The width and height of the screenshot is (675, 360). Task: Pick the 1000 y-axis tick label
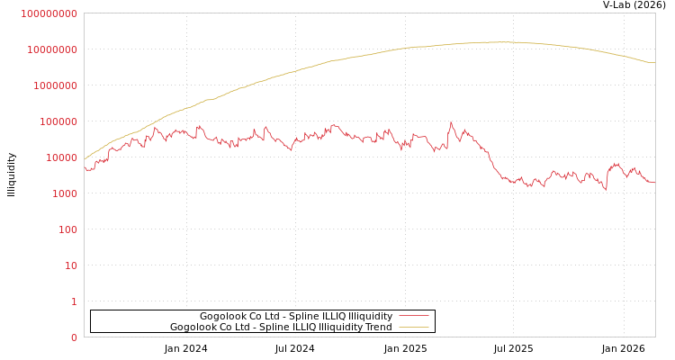point(62,193)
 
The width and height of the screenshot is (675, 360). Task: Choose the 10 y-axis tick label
point(69,265)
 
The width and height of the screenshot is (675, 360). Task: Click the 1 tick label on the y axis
point(73,301)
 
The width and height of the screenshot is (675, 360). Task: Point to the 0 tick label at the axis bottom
point(73,337)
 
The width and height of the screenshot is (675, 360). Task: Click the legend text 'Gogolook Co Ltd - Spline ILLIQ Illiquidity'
point(295,317)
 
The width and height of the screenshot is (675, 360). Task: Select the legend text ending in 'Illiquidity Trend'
point(281,328)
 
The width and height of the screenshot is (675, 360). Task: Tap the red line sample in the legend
point(413,317)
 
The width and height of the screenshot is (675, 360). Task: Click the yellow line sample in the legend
point(413,328)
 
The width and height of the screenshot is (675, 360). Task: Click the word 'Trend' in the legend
point(378,328)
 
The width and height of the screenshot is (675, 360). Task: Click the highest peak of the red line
point(451,121)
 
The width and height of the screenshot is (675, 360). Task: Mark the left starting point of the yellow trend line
point(85,158)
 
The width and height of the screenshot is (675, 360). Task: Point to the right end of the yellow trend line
point(654,62)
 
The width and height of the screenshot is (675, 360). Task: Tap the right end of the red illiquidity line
point(654,183)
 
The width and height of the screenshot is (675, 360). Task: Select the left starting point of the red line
point(85,168)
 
